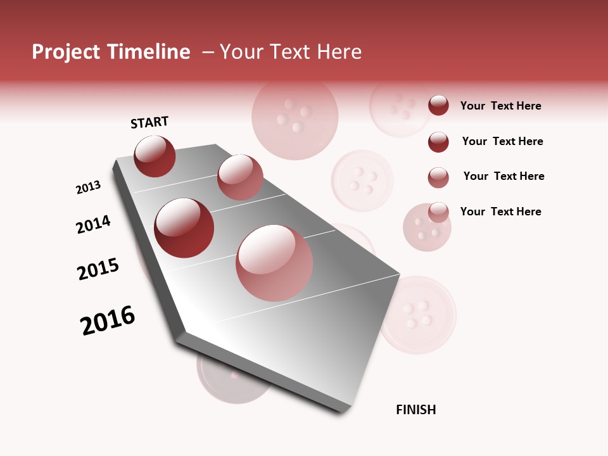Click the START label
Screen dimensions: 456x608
149,122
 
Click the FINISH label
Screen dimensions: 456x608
415,410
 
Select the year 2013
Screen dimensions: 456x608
89,187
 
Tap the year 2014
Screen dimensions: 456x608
93,224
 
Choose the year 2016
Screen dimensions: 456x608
108,320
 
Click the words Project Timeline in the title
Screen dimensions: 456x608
111,52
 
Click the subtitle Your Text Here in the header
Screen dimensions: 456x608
291,52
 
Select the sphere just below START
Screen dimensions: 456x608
155,156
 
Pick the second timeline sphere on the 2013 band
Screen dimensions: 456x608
240,177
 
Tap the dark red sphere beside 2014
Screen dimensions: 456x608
184,228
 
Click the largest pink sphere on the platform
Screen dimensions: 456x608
274,263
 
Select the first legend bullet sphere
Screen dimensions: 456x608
438,105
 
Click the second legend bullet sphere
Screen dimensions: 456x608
438,142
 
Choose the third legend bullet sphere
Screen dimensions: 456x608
438,177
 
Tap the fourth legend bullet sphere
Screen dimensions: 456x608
438,212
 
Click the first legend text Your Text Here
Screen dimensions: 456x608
500,106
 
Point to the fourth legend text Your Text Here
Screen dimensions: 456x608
500,212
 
